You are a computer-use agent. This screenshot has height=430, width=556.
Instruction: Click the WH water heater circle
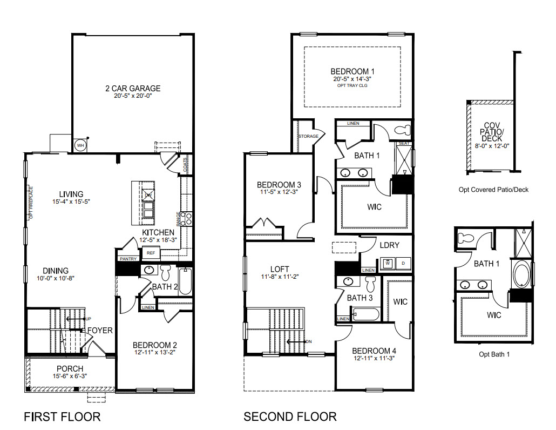tap(80, 145)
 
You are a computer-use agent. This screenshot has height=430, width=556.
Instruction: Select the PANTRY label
tap(127, 259)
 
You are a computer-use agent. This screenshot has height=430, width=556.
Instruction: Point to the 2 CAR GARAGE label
tap(133, 89)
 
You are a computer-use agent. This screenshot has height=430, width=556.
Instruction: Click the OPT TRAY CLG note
tap(352, 85)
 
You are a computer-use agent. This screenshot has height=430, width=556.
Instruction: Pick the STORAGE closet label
tap(308, 137)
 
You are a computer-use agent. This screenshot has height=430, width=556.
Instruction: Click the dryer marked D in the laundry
tap(403, 264)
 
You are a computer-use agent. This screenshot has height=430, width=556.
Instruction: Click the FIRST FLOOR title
tap(62, 416)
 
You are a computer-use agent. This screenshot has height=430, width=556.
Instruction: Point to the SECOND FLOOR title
tap(290, 416)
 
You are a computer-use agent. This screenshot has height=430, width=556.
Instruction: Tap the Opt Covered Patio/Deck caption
tap(493, 190)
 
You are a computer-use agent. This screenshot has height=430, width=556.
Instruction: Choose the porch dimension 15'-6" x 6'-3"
tap(70, 376)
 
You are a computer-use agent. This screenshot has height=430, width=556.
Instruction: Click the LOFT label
tap(280, 269)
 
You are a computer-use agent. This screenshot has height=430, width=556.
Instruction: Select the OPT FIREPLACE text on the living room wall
tap(31, 203)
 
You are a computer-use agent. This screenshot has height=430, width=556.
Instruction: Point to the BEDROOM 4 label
tap(374, 351)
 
